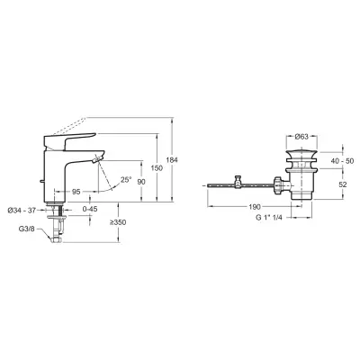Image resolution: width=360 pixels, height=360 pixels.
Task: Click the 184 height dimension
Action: click(x=172, y=160)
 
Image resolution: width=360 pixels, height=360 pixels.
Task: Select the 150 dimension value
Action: click(x=157, y=168)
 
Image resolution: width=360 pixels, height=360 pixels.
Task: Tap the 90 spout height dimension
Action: click(x=141, y=182)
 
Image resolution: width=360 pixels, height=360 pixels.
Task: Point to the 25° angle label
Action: click(x=126, y=180)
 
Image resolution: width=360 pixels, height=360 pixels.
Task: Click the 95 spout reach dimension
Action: click(x=76, y=192)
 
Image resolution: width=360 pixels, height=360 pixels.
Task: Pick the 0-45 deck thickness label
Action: click(x=90, y=209)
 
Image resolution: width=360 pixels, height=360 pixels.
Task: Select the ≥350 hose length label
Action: click(x=118, y=222)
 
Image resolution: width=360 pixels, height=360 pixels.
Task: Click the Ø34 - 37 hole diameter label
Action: click(x=22, y=211)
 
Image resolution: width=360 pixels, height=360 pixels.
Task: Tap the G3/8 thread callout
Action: click(x=27, y=229)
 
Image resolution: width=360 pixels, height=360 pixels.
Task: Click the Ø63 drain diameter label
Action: click(x=301, y=137)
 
